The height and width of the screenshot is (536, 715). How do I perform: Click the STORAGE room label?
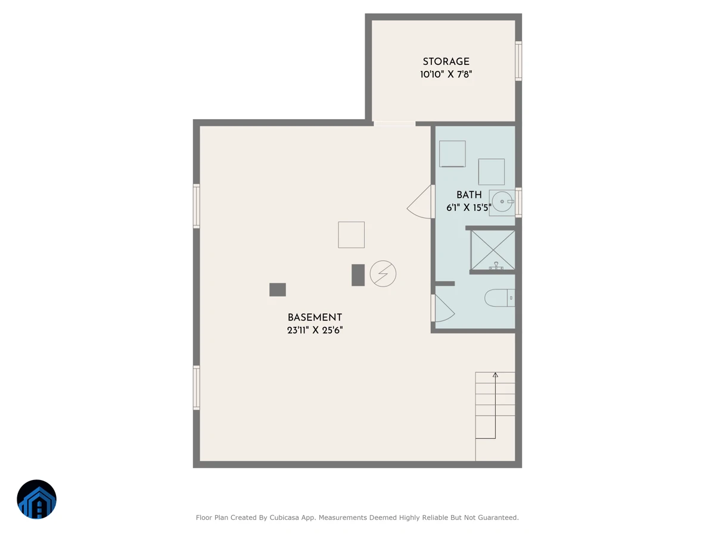[446, 61]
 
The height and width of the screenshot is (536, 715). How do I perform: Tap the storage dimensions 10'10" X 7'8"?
[446, 74]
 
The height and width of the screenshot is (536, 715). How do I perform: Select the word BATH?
[469, 195]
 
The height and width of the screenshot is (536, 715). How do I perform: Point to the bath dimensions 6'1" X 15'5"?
[469, 207]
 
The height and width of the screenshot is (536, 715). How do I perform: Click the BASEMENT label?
[315, 317]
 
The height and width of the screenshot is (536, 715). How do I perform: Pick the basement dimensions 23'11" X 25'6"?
[315, 330]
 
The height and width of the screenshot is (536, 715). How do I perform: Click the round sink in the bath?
[502, 202]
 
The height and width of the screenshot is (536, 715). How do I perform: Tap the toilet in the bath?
[499, 298]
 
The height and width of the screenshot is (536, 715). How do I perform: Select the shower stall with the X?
[493, 250]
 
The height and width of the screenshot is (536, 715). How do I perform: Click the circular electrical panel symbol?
[383, 274]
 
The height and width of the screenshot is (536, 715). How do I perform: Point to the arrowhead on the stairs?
[495, 375]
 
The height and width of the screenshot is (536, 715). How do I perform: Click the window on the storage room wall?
[518, 61]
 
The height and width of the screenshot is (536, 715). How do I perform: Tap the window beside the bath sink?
[518, 202]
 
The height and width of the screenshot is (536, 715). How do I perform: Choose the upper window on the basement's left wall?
[197, 206]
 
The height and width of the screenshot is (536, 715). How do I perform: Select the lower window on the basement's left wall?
[197, 388]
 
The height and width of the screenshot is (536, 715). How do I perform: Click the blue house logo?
[36, 499]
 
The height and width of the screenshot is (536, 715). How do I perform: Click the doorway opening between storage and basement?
[394, 124]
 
